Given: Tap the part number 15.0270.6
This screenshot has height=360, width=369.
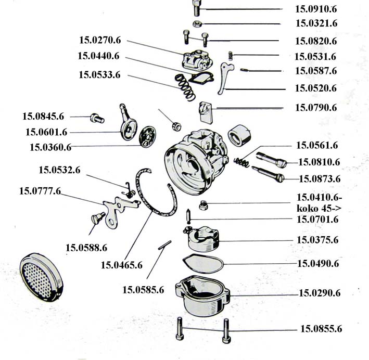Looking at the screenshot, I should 99,39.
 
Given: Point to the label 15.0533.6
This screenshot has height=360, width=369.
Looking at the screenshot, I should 99,75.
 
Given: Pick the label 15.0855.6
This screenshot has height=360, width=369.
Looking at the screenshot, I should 321,329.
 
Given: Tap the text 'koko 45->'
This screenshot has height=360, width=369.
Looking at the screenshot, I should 315,209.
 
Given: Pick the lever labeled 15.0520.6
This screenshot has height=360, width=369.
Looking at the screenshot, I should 225,79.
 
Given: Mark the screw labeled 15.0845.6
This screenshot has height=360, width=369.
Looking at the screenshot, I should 94,118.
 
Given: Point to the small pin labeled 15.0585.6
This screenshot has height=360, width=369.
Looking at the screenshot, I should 166,243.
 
